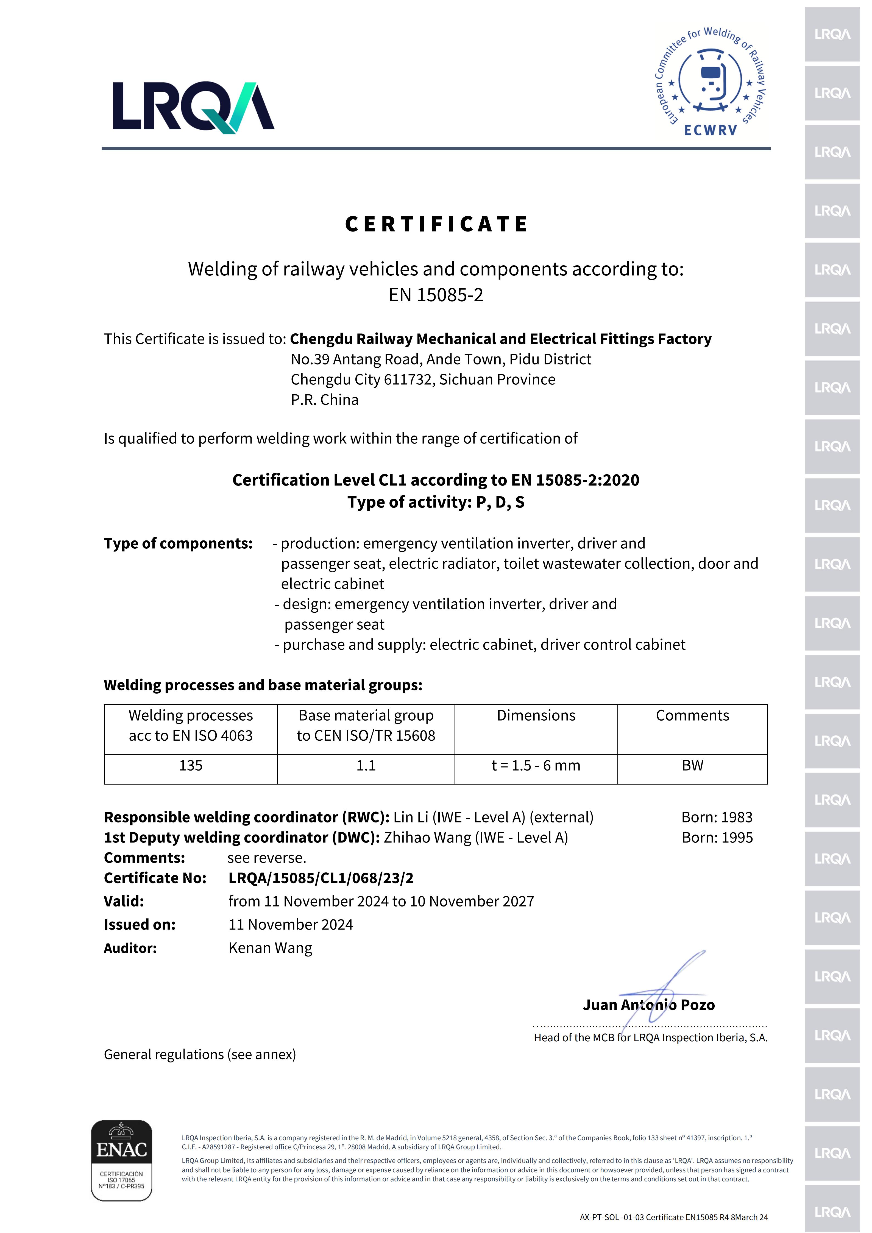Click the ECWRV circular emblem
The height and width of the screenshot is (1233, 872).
[711, 82]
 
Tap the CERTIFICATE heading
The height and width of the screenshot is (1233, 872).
[436, 224]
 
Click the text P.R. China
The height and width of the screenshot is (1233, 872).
[324, 400]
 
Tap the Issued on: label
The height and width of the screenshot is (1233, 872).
[140, 925]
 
